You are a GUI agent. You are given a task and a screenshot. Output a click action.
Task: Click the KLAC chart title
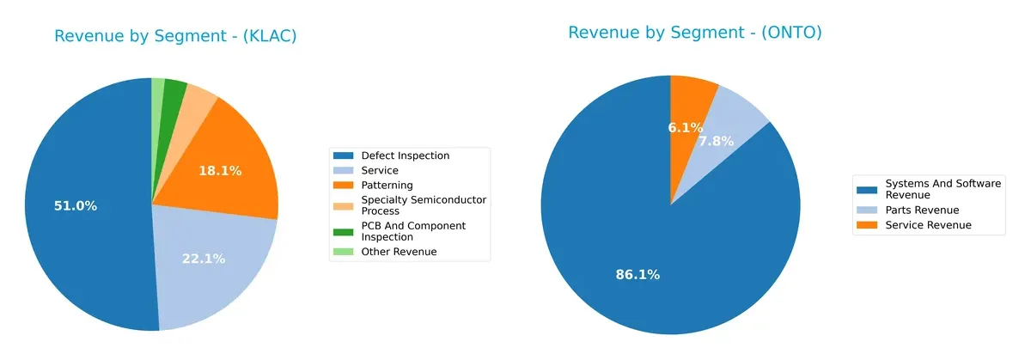[x=175, y=36]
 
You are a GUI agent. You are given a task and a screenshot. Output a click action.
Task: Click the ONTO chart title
[x=694, y=33]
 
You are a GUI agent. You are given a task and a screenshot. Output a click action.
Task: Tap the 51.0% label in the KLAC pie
[x=76, y=206]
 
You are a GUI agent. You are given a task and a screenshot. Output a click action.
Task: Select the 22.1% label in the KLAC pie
[x=204, y=259]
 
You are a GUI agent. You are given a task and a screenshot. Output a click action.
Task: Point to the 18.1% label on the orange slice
[x=220, y=171]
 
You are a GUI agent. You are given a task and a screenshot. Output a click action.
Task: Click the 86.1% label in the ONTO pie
[x=638, y=275]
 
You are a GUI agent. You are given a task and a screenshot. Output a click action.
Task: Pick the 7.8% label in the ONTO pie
[x=716, y=141]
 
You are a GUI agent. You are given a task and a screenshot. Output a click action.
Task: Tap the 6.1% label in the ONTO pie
[x=686, y=127]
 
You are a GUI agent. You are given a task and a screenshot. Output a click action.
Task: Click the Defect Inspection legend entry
[x=405, y=156]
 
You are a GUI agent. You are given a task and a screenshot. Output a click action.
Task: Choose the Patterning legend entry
[x=387, y=185]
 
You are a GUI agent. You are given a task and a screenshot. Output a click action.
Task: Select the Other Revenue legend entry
[x=399, y=252]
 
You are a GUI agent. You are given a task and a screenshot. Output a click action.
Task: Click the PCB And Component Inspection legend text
[x=413, y=231]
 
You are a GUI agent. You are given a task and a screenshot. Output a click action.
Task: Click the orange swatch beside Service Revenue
[x=868, y=225]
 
